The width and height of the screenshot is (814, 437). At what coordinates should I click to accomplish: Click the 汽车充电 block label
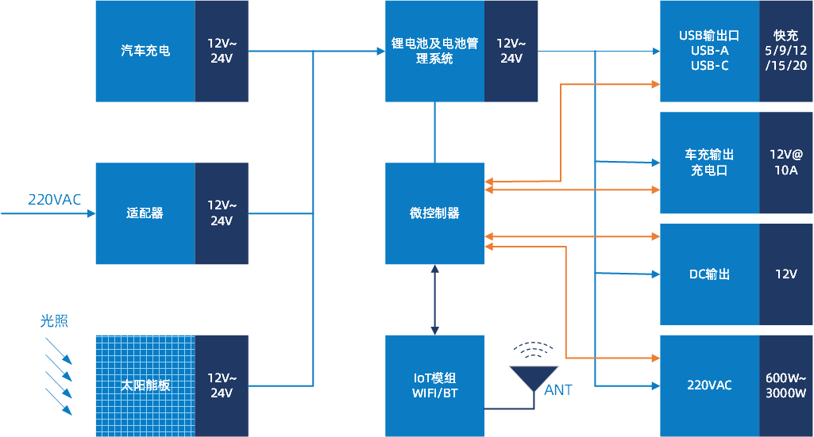click(145, 51)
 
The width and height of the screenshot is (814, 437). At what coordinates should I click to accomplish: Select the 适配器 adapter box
click(145, 213)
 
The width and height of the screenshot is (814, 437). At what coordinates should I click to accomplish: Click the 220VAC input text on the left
click(54, 200)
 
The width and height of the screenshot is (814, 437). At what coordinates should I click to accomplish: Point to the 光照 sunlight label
click(54, 321)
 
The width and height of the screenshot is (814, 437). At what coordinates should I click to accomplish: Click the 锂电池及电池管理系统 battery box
click(434, 51)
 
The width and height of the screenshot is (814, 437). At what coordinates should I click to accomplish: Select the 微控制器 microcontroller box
click(434, 213)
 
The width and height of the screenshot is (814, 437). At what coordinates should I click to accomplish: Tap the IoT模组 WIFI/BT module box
click(434, 385)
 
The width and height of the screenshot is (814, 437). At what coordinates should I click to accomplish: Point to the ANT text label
click(558, 390)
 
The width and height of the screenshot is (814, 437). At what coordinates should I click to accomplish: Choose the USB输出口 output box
click(709, 51)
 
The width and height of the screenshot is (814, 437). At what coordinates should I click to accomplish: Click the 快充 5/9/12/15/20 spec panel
click(785, 51)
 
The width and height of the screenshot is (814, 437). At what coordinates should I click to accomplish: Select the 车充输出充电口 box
click(709, 162)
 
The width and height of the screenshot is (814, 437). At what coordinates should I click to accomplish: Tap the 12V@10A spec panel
click(785, 162)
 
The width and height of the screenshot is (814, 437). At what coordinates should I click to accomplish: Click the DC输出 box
click(709, 274)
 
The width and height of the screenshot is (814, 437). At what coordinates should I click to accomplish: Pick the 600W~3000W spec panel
click(785, 385)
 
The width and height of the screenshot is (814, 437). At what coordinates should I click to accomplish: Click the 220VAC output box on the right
click(709, 385)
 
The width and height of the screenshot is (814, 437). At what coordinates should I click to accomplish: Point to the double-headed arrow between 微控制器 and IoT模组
click(434, 300)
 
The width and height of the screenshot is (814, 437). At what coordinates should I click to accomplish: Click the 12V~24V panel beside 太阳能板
click(222, 385)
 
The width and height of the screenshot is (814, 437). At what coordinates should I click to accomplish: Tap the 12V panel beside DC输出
click(785, 274)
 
